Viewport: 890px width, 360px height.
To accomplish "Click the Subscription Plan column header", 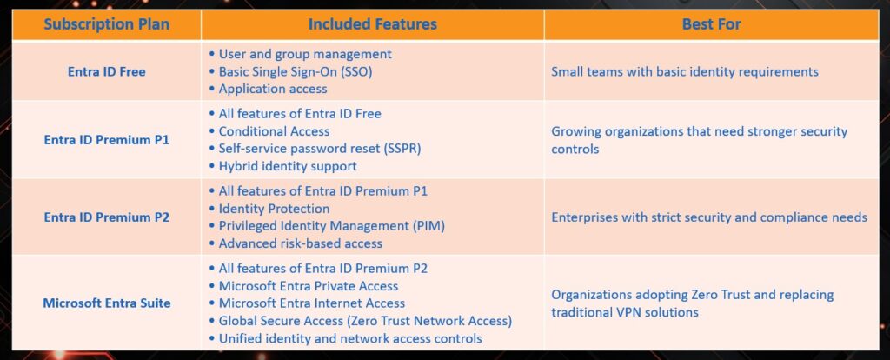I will tap(106, 24).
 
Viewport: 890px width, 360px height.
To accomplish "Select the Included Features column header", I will tap(371, 24).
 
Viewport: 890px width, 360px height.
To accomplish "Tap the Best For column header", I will tap(711, 24).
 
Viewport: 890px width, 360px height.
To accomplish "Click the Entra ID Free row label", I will tap(106, 71).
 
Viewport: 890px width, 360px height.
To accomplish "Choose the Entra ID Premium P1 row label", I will tap(106, 140).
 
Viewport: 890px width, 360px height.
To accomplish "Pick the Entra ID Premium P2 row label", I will tap(106, 217).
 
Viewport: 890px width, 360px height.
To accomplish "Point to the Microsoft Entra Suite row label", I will tap(106, 303).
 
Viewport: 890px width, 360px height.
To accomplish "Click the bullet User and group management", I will tap(304, 54).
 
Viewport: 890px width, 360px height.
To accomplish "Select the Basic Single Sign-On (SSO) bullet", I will tap(296, 71).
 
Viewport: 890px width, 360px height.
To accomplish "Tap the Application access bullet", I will tap(273, 89).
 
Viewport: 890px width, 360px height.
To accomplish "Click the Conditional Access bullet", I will tap(274, 131).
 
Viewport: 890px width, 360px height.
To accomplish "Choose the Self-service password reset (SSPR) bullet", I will tap(319, 149).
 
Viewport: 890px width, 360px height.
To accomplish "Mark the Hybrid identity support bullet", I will tap(287, 166).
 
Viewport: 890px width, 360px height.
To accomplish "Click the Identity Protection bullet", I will tap(274, 209).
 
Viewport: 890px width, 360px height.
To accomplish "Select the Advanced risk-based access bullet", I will tap(300, 243).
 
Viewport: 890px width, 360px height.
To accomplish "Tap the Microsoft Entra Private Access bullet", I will tap(308, 286).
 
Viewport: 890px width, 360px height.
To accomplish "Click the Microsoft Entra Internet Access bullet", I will tap(311, 303).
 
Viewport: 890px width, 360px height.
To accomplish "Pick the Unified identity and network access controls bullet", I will tap(349, 338).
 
